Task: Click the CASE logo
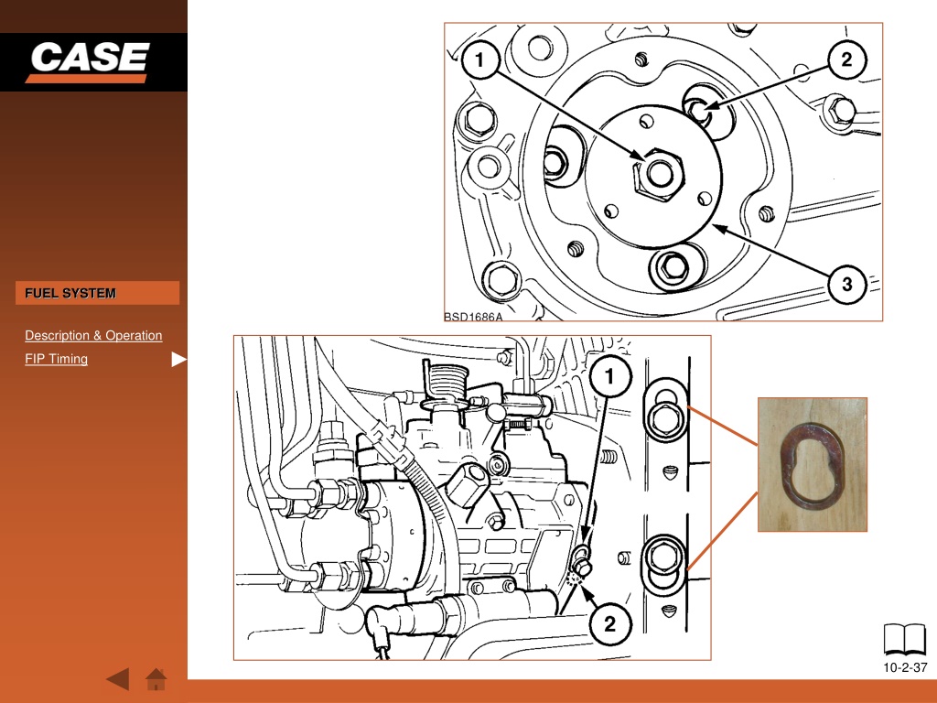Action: click(89, 61)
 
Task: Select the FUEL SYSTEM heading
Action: click(70, 294)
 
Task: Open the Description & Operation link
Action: click(93, 335)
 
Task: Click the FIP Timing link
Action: click(56, 359)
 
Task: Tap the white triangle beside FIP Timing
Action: click(178, 359)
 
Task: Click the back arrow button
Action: click(118, 679)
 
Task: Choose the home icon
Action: click(156, 679)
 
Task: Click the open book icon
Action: click(905, 640)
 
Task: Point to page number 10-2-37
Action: click(905, 667)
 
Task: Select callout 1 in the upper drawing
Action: click(479, 59)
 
